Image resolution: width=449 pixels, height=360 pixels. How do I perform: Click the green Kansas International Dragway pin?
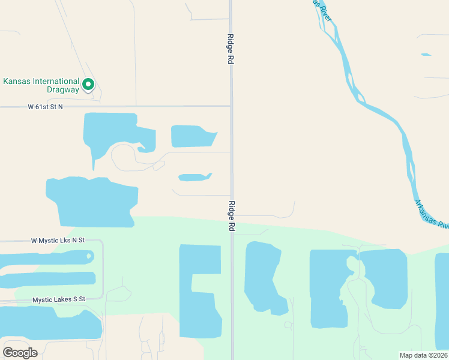pyautogui.click(x=88, y=85)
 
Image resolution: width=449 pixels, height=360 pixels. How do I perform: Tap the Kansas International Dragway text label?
pyautogui.click(x=41, y=85)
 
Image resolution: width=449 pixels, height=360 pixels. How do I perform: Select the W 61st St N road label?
pyautogui.click(x=45, y=107)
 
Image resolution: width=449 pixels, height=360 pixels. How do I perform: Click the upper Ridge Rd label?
pyautogui.click(x=230, y=49)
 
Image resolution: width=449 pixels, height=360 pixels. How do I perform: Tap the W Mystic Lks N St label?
pyautogui.click(x=58, y=240)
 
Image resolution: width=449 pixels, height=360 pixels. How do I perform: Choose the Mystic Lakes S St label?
pyautogui.click(x=59, y=299)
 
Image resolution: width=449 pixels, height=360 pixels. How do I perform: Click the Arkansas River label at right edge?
pyautogui.click(x=431, y=214)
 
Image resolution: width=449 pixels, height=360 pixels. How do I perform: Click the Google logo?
pyautogui.click(x=20, y=352)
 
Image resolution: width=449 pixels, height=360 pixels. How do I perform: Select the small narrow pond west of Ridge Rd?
pyautogui.click(x=194, y=177)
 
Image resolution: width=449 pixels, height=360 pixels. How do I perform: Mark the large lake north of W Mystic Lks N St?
pyautogui.click(x=93, y=201)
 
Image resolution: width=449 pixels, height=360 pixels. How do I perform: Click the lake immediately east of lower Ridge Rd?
pyautogui.click(x=264, y=276)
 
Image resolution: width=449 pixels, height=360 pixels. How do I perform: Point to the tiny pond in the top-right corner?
pyautogui.click(x=426, y=55)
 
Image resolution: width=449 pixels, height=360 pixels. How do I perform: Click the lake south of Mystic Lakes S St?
pyautogui.click(x=48, y=323)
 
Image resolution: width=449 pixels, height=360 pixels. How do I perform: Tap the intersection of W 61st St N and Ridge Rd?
pyautogui.click(x=231, y=106)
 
